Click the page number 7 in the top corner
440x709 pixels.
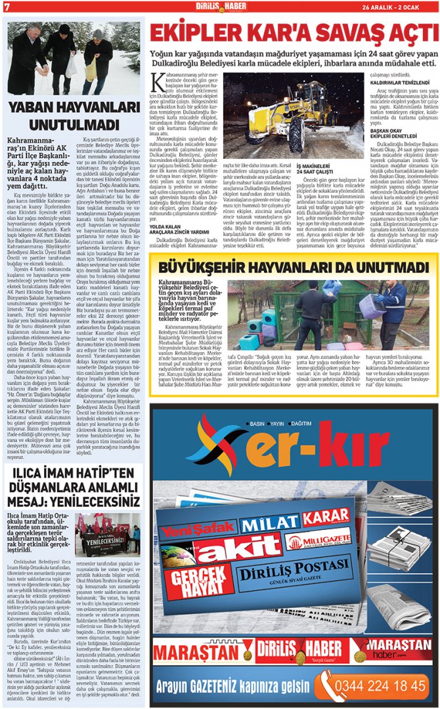click(x=7, y=7)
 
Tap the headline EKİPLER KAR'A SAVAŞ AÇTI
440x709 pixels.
click(x=293, y=33)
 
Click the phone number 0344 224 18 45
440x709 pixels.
click(x=380, y=686)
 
